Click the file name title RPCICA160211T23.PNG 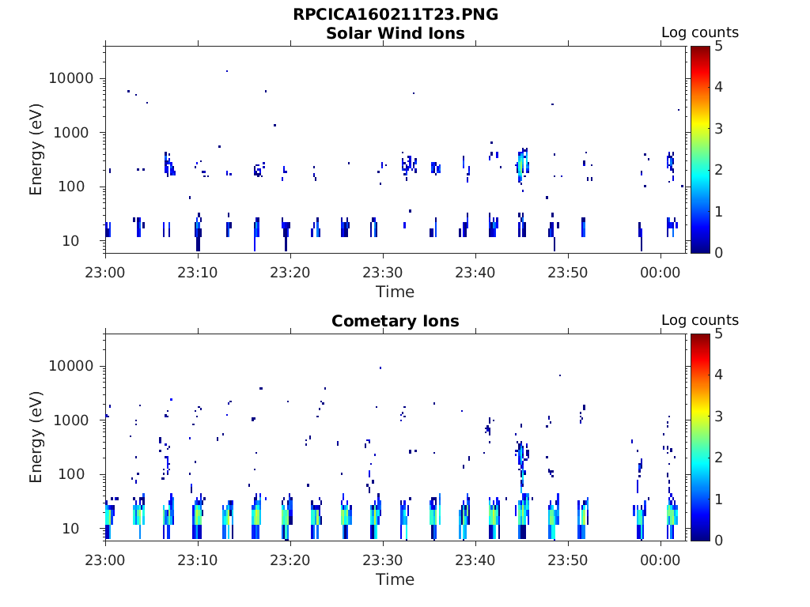(396, 14)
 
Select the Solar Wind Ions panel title (396, 33)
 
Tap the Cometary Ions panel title (396, 321)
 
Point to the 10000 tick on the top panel (71, 78)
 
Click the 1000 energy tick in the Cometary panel (71, 420)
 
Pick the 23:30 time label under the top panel (383, 273)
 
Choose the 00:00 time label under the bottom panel (660, 560)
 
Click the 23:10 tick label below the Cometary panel (198, 560)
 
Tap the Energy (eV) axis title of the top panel (36, 149)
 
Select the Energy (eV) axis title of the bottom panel (36, 437)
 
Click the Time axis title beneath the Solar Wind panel (396, 292)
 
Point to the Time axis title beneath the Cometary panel (396, 579)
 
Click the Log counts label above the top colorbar (700, 32)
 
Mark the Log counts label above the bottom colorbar (700, 320)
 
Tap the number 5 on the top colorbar (718, 47)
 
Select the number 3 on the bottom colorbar (718, 416)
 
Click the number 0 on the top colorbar (718, 253)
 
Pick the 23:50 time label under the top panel (568, 273)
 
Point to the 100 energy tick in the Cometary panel (71, 474)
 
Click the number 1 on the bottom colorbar (718, 500)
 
